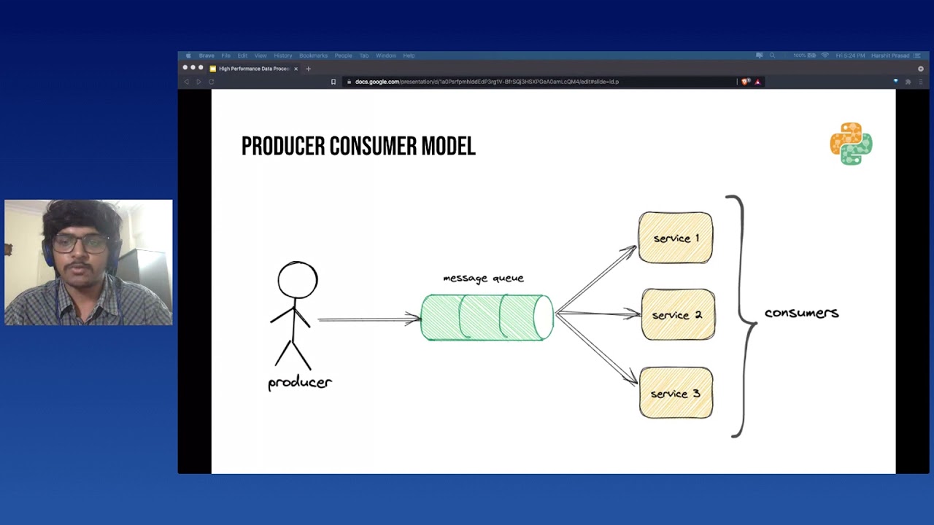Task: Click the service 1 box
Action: point(676,238)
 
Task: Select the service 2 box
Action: point(678,315)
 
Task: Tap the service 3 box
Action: point(676,393)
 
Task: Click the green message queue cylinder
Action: point(487,317)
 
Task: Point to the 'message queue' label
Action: point(483,278)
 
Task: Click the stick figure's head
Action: point(298,280)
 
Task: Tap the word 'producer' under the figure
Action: point(300,382)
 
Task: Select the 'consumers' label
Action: point(801,313)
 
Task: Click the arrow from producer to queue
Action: point(368,319)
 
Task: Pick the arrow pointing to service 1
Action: point(596,279)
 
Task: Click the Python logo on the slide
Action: point(851,144)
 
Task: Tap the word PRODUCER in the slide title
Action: point(283,147)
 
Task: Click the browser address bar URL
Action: point(487,82)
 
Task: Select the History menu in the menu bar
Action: point(282,55)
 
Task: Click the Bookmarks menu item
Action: point(313,55)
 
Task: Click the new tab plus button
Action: point(308,69)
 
